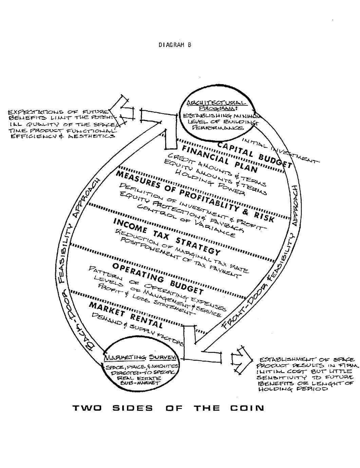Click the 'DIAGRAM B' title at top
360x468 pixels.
[x=175, y=45]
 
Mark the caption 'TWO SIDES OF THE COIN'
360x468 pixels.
[x=168, y=408]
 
